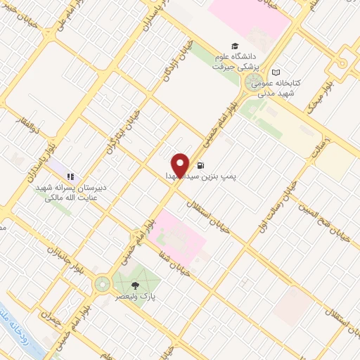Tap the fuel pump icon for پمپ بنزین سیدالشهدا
(202, 166)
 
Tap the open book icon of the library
(277, 72)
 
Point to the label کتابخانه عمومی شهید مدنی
(277, 87)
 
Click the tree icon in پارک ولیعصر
(135, 285)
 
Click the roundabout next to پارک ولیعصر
(103, 284)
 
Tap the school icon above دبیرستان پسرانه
(70, 176)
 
